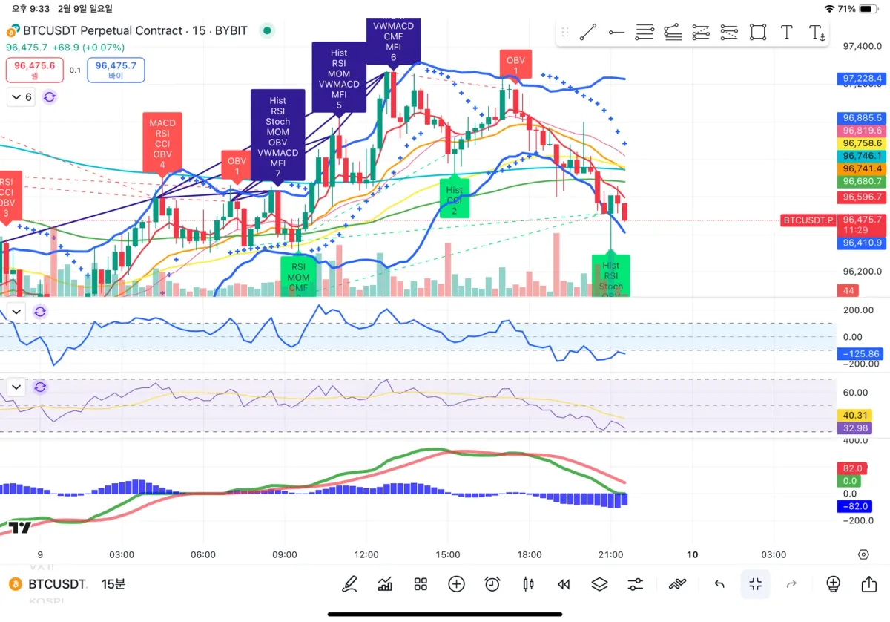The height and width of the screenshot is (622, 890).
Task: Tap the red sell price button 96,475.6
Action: (34, 70)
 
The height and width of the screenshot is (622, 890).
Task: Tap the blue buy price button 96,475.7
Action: (116, 70)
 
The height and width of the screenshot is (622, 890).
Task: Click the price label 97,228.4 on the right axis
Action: (862, 78)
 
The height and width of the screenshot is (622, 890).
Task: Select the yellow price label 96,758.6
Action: (862, 143)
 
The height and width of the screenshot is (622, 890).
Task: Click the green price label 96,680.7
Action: (862, 181)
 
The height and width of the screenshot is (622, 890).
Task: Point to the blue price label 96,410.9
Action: (862, 243)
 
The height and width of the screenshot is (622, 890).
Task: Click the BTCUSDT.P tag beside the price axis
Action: (808, 220)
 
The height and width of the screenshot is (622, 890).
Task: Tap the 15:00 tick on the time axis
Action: (448, 554)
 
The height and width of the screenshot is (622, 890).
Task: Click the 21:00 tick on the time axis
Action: (610, 554)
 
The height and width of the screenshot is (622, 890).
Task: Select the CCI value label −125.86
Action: (862, 354)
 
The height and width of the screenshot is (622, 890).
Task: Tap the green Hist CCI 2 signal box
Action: (454, 197)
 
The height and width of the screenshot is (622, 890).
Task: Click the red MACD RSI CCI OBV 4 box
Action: (162, 144)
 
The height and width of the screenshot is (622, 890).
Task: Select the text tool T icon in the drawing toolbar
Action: (786, 32)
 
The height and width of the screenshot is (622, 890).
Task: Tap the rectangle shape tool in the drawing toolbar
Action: (757, 32)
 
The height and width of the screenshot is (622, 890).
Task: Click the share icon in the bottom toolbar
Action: (868, 584)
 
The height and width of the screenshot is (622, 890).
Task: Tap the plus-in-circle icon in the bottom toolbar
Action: (456, 584)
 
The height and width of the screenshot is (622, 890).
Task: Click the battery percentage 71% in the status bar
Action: (846, 9)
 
